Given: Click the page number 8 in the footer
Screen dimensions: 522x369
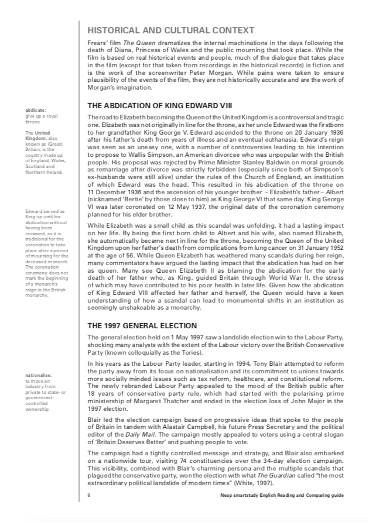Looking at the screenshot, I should [x=88, y=495].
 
